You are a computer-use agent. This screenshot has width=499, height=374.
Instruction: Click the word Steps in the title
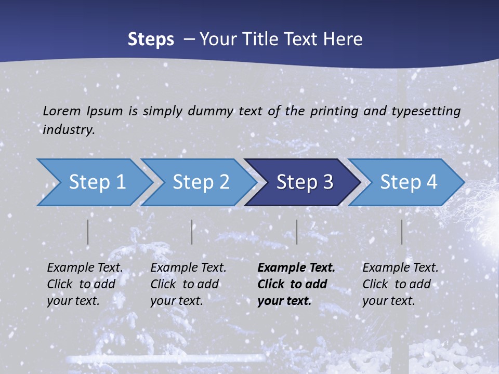coord(151,39)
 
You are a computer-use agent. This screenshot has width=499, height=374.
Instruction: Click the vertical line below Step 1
coord(88,232)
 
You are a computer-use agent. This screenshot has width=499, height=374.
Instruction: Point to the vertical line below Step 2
coord(192,232)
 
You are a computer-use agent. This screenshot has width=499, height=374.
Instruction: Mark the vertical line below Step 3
coord(297,232)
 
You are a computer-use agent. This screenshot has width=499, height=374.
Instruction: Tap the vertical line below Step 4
coord(401,232)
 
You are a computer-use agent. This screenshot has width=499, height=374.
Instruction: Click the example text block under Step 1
coord(85,284)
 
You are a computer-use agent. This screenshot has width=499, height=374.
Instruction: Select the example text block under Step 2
coord(188,284)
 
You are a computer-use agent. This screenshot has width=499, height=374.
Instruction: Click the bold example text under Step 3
coord(296,284)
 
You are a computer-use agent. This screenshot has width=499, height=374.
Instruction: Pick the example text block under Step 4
coord(400,284)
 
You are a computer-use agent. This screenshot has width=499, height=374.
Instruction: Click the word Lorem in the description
coord(62,111)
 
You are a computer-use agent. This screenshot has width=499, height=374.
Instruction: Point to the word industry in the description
coord(68,130)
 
